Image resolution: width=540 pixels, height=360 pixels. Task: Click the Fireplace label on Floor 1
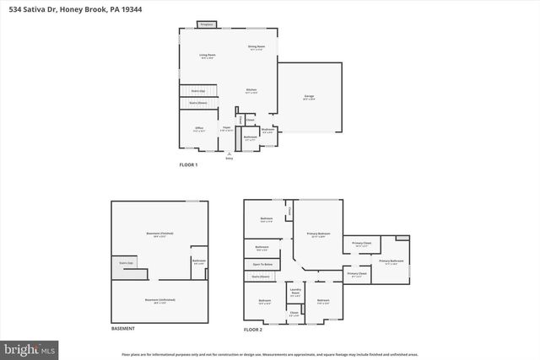(x=204, y=25)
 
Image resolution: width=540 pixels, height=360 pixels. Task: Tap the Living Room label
(x=207, y=56)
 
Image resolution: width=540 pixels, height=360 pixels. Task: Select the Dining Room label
(x=256, y=47)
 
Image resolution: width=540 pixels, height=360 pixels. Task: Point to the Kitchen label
(x=251, y=90)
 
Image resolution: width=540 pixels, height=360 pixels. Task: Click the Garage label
(x=309, y=97)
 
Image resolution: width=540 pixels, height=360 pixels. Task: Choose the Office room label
(x=199, y=128)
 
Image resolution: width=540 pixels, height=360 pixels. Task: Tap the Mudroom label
(x=267, y=130)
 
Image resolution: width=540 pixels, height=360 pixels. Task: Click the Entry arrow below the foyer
(x=229, y=154)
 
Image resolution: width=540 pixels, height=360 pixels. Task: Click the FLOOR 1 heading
(x=188, y=164)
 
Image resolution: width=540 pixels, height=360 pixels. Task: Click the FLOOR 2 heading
(x=254, y=328)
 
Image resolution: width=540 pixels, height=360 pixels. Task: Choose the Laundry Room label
(x=295, y=292)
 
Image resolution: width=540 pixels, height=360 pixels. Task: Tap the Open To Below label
(x=262, y=265)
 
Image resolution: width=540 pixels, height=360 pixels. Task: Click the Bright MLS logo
(x=30, y=347)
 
